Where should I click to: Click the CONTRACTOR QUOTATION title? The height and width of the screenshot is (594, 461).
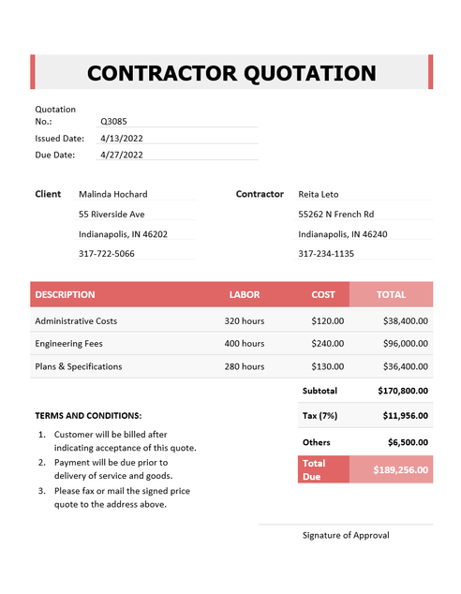(x=231, y=73)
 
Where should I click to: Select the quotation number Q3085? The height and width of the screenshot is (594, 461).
(x=114, y=121)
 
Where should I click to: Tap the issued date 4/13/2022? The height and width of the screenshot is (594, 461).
(x=121, y=138)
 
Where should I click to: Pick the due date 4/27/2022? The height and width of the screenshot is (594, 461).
(x=121, y=155)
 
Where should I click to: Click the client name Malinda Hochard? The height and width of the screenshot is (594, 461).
(x=112, y=194)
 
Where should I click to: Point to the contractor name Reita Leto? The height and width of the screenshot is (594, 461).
(x=318, y=194)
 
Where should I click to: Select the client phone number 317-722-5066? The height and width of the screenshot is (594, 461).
(x=106, y=253)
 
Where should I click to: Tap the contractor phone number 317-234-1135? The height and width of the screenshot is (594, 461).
(x=326, y=253)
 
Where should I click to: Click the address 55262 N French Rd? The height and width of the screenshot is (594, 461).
(x=335, y=214)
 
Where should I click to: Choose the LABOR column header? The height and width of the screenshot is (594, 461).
(x=245, y=294)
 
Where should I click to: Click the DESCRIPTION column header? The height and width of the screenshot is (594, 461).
(x=65, y=294)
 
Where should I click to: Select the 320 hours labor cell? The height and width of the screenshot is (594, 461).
(x=245, y=320)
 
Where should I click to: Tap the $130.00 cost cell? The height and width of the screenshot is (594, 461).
(x=328, y=366)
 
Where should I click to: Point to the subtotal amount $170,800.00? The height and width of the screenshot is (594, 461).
(x=402, y=390)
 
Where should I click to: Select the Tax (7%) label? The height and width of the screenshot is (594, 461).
(x=320, y=415)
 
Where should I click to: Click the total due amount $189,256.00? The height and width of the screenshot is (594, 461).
(x=400, y=469)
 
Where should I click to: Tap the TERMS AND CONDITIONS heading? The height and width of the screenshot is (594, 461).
(x=88, y=414)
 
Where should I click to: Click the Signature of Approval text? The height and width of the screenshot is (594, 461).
(x=346, y=535)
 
